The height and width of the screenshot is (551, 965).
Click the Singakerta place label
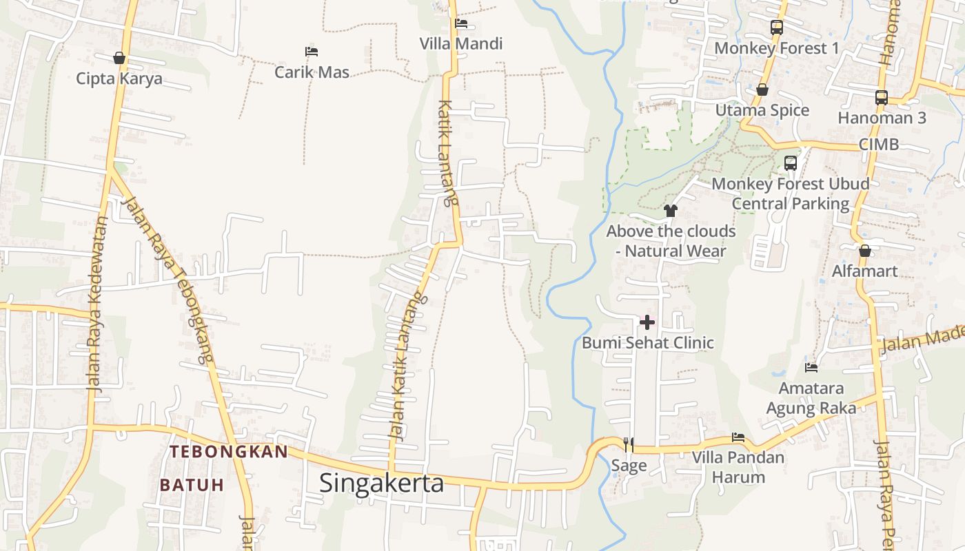381,483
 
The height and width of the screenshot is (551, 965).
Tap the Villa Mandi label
461,44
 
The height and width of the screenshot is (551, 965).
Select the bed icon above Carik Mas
312,52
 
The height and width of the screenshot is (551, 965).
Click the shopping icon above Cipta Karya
119,58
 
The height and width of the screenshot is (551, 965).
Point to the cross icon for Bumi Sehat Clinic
647,322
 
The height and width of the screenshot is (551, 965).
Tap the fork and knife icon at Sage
628,444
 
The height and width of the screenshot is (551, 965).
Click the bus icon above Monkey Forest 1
777,28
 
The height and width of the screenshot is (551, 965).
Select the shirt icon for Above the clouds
670,210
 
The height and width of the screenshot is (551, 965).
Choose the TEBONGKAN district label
229,452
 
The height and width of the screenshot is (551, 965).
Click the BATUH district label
192,485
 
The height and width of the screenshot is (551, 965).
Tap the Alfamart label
865,271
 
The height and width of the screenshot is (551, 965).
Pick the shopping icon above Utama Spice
762,90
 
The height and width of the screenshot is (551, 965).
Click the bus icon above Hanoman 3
882,98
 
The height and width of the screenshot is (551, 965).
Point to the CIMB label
879,145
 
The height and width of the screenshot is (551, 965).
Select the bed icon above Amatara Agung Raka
811,368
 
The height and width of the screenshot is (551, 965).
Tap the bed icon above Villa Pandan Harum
738,437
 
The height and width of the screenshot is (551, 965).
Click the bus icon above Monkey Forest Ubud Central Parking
791,163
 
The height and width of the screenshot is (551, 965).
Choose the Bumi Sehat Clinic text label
648,343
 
